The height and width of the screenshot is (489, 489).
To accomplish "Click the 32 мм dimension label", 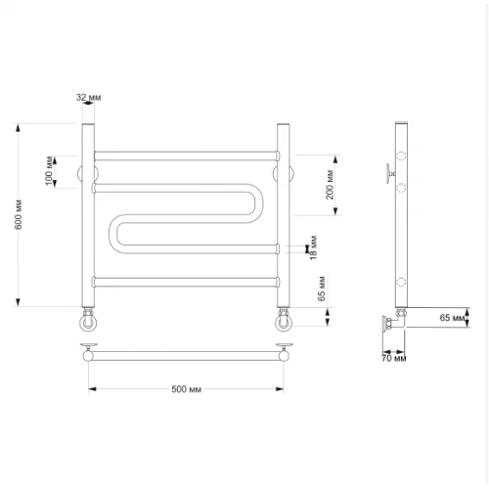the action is pos(89,97).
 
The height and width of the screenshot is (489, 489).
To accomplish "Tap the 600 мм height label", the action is pos(19,214).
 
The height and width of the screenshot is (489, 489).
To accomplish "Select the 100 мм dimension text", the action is pos(49,171).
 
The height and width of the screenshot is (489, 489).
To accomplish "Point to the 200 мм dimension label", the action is pos(330,185).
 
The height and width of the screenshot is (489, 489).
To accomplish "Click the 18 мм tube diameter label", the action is pos(313,247).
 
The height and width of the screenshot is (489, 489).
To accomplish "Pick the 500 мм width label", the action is pos(186,389).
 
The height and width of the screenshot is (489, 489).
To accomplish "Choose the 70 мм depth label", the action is pos(394,358).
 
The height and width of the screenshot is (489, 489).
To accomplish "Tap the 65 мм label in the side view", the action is pos(452,317).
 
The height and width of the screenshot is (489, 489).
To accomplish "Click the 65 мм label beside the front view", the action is pos(322,289).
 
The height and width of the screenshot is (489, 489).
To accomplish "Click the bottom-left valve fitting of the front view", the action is pos(88,320).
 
